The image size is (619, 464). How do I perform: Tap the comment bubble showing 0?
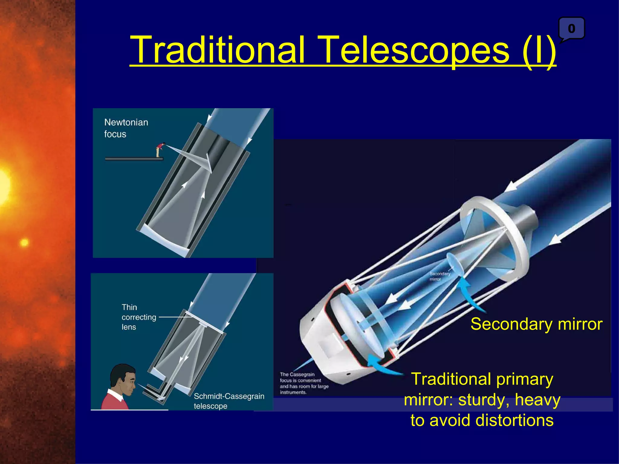pos(571,29)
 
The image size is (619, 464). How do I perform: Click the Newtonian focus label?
pos(126,128)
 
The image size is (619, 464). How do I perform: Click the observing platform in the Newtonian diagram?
pos(134,159)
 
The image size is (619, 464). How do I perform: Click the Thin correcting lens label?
pos(138,317)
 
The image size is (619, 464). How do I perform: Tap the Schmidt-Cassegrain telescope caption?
pos(228,401)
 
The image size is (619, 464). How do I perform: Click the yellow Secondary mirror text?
pos(536,324)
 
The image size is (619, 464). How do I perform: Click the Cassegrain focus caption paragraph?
pos(303,383)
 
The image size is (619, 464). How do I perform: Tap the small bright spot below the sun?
pos(24,242)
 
